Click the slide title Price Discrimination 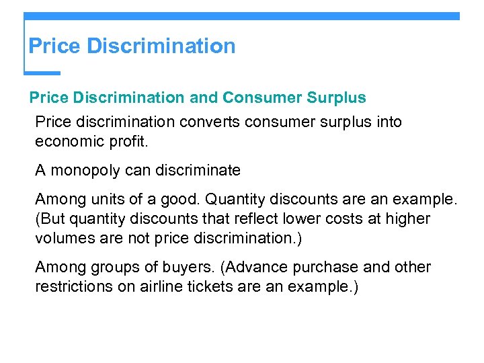pos(132,46)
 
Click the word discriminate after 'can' pos(198,170)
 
